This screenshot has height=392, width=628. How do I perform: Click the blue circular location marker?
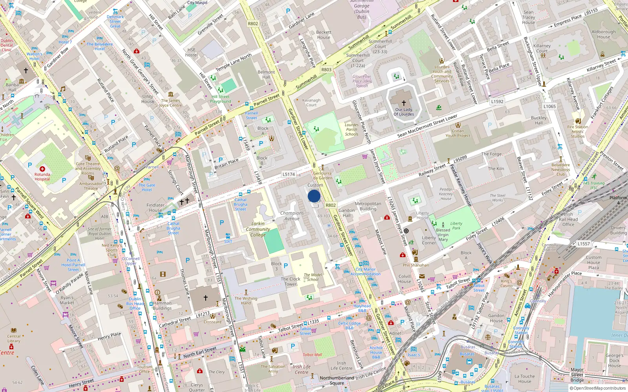pyautogui.click(x=314, y=196)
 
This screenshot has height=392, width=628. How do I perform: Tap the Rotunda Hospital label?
pyautogui.click(x=42, y=176)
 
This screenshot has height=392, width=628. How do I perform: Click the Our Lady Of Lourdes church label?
pyautogui.click(x=404, y=112)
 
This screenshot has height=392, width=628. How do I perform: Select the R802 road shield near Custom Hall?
pyautogui.click(x=331, y=205)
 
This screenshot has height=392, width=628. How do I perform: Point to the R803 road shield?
pyautogui.click(x=326, y=69)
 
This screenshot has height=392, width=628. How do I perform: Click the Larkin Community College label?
pyautogui.click(x=258, y=229)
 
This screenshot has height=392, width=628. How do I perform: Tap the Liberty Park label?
pyautogui.click(x=456, y=225)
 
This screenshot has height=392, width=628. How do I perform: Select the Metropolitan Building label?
pyautogui.click(x=368, y=206)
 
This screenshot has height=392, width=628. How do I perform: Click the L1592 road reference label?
pyautogui.click(x=497, y=102)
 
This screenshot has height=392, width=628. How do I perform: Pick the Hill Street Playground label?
pyautogui.click(x=221, y=99)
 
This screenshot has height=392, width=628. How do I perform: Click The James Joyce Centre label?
pyautogui.click(x=171, y=103)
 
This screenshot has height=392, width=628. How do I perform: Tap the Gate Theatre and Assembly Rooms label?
pyautogui.click(x=88, y=169)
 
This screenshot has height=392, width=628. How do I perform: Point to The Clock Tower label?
pyautogui.click(x=290, y=281)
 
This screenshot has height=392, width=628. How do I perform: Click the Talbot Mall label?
pyautogui.click(x=312, y=355)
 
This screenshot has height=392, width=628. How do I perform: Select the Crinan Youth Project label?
pyautogui.click(x=458, y=133)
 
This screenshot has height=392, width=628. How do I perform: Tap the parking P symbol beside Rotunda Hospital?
pyautogui.click(x=30, y=165)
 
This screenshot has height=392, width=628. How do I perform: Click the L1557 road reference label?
pyautogui.click(x=584, y=243)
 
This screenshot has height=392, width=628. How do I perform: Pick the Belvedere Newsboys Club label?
pyautogui.click(x=560, y=170)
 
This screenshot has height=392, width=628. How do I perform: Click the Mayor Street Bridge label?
pyautogui.click(x=577, y=375)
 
